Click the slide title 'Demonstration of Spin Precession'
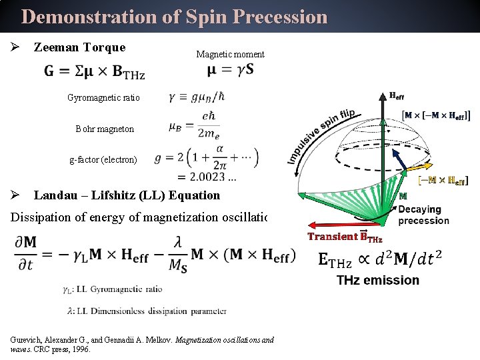click(x=174, y=17)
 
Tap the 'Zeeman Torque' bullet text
click(x=79, y=47)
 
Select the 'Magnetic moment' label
click(x=230, y=54)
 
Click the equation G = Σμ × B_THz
click(x=95, y=71)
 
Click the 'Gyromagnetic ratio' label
click(x=103, y=97)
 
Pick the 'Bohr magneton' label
click(x=105, y=129)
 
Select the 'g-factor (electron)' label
click(x=103, y=159)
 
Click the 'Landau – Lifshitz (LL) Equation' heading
click(x=127, y=195)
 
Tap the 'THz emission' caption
click(x=378, y=280)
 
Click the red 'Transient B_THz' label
click(x=345, y=236)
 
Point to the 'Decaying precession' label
click(x=423, y=215)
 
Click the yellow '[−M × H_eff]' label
click(x=443, y=180)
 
